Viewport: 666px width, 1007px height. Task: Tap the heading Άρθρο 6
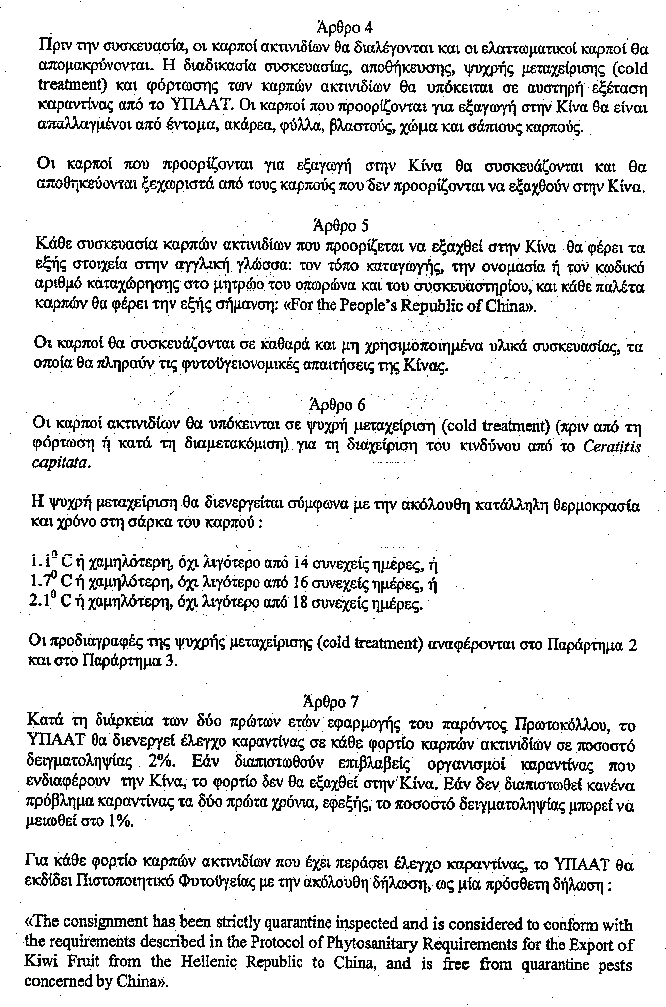(338, 405)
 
